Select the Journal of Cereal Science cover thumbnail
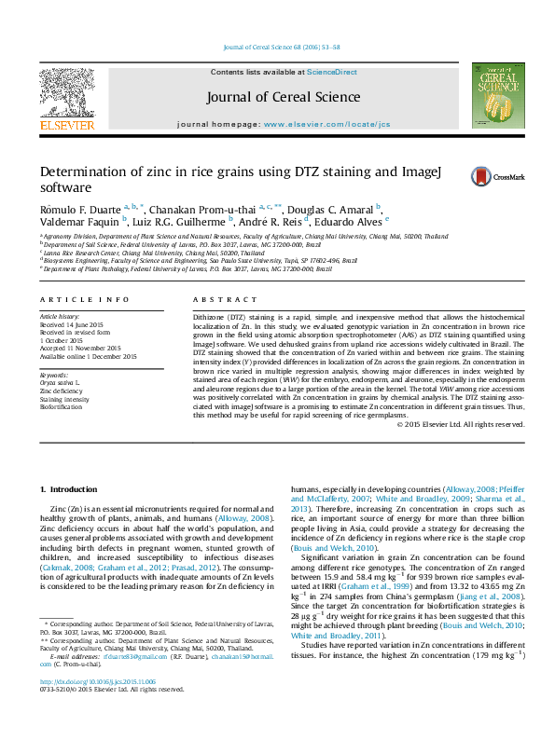[493, 95]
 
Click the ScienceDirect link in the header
[332, 72]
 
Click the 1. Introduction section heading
[74, 489]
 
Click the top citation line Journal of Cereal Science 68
[278, 47]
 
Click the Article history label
[60, 317]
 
